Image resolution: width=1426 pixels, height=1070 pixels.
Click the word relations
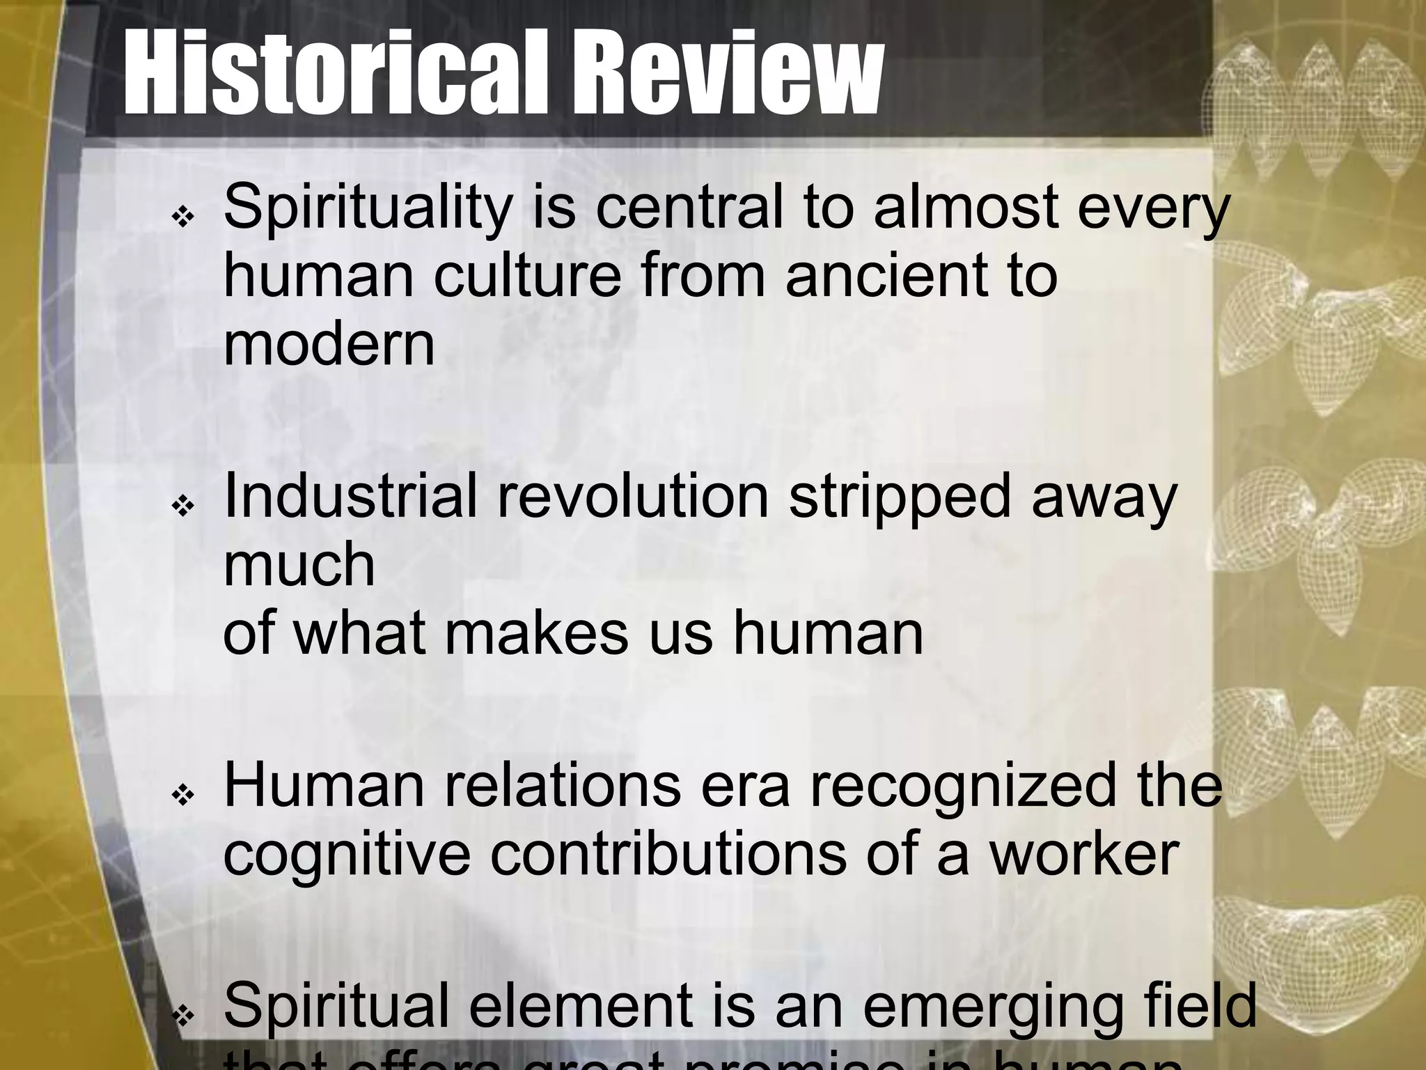click(562, 786)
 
